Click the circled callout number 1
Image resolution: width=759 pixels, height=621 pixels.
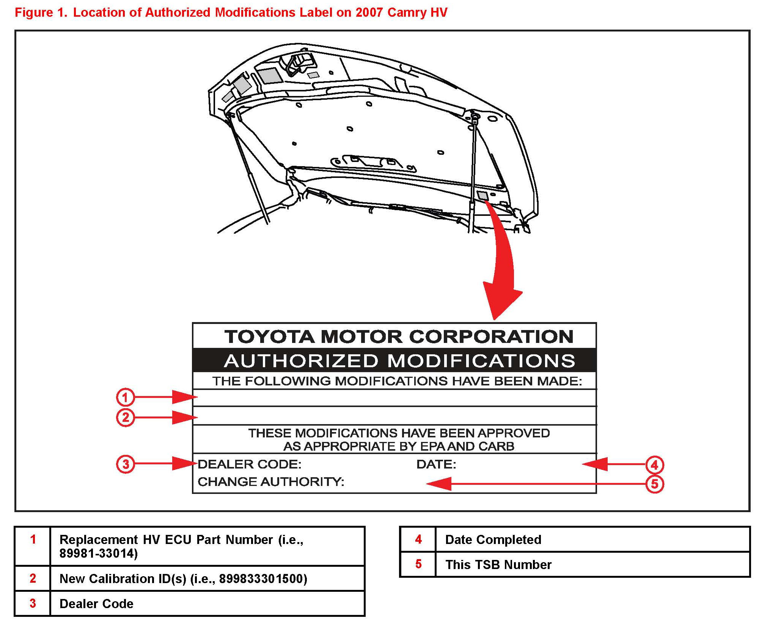click(x=125, y=397)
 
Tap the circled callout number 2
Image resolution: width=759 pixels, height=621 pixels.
click(x=125, y=418)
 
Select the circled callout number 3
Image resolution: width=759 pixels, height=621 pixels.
click(x=125, y=464)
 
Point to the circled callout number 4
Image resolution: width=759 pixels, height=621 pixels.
click(x=654, y=465)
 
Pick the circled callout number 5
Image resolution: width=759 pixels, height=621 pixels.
click(x=654, y=484)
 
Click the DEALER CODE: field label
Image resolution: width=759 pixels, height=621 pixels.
click(x=249, y=464)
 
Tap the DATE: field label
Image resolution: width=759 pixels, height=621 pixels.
click(x=436, y=464)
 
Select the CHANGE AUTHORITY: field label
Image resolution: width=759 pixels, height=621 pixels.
click(x=271, y=482)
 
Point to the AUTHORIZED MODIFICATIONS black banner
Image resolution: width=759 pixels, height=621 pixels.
click(x=394, y=360)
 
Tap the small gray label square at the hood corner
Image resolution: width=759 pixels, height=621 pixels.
click(x=482, y=196)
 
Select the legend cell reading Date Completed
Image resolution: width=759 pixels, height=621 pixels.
click(x=493, y=539)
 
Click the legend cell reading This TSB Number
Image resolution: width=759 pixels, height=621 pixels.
click(x=498, y=564)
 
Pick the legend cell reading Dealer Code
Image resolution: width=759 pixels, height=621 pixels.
click(x=96, y=604)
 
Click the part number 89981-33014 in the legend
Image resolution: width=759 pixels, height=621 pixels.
click(x=98, y=553)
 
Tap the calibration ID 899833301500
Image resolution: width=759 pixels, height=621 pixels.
click(x=263, y=579)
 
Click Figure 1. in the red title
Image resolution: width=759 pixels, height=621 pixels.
click(x=41, y=13)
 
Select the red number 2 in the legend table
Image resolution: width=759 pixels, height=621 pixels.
click(x=33, y=578)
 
